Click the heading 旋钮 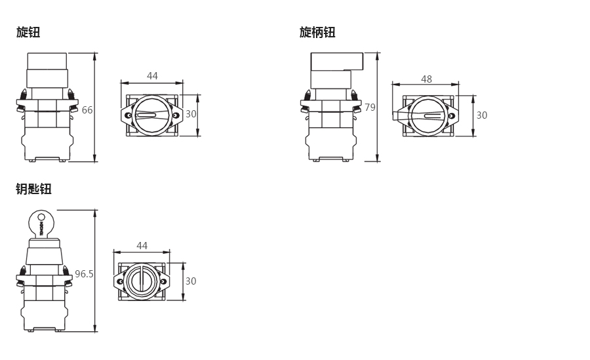[x=28, y=32]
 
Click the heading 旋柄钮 [x=317, y=32]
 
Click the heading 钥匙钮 [x=33, y=189]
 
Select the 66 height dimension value [x=87, y=110]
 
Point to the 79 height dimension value [x=370, y=108]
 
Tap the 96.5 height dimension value [x=84, y=273]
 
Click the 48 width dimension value [x=426, y=79]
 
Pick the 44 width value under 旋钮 [x=152, y=75]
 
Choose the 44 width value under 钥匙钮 [x=142, y=245]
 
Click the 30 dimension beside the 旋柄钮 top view [x=482, y=115]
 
